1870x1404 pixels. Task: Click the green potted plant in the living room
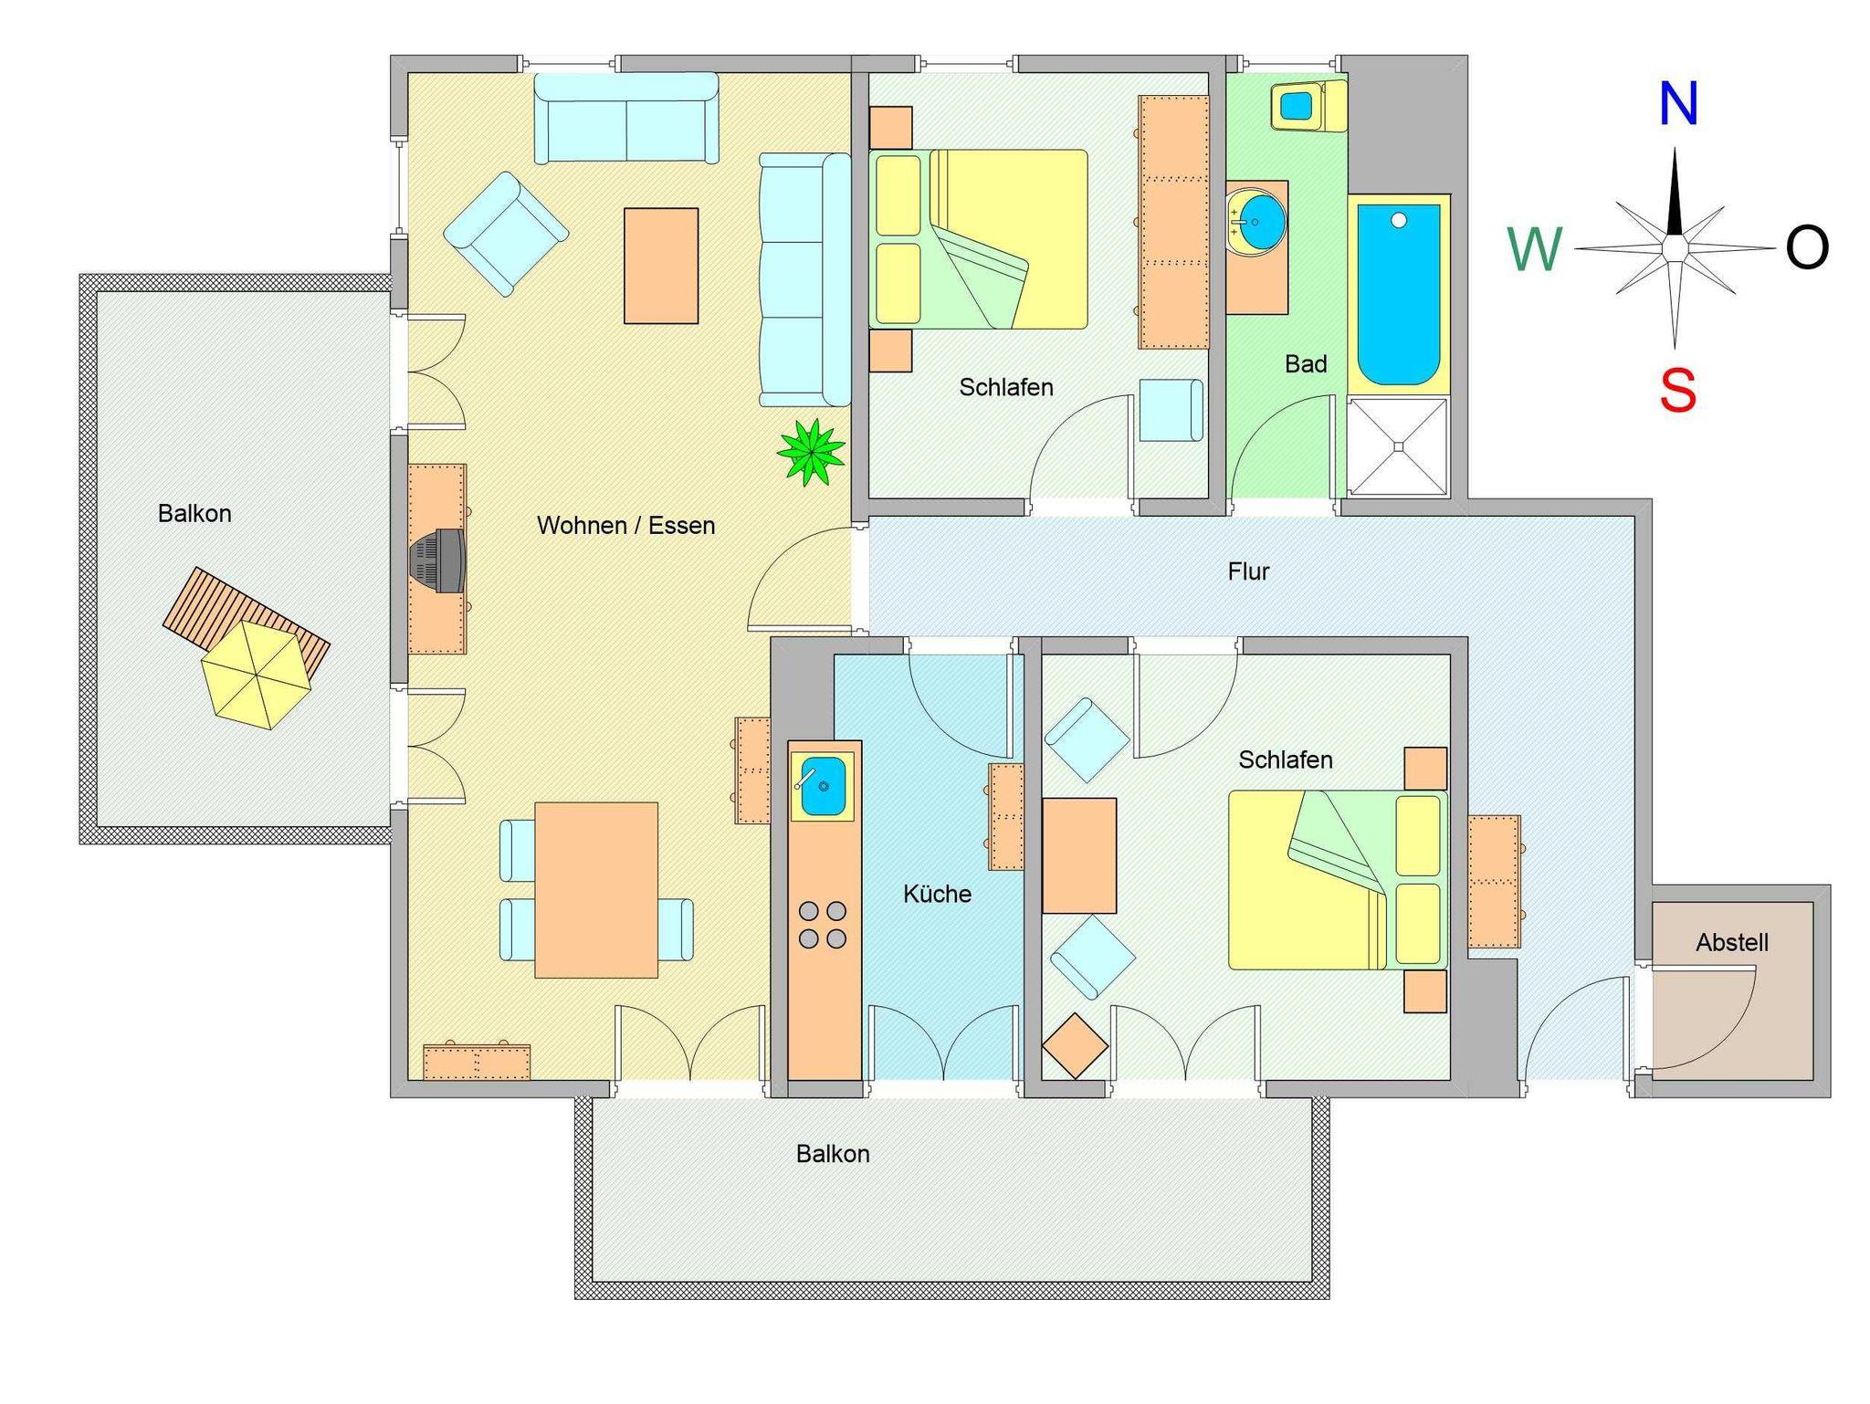tap(811, 452)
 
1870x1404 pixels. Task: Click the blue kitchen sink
tap(822, 785)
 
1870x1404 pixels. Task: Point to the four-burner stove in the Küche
tap(822, 924)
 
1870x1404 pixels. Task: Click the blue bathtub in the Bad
tap(1398, 294)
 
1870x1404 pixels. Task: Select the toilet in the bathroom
tap(1308, 106)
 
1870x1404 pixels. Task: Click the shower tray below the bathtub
tap(1398, 446)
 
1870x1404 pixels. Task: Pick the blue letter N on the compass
tap(1678, 103)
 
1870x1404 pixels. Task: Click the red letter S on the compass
tap(1678, 392)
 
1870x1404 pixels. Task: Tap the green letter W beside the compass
tap(1535, 249)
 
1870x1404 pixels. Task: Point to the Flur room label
tap(1248, 571)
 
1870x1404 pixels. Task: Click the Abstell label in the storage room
tap(1732, 942)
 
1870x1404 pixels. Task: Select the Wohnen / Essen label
tap(625, 526)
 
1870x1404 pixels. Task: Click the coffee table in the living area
tap(661, 266)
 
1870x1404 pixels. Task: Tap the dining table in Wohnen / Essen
tap(596, 890)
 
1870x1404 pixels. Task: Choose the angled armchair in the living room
tap(506, 234)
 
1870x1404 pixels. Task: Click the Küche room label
tap(937, 894)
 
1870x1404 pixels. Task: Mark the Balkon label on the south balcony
tap(833, 1154)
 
